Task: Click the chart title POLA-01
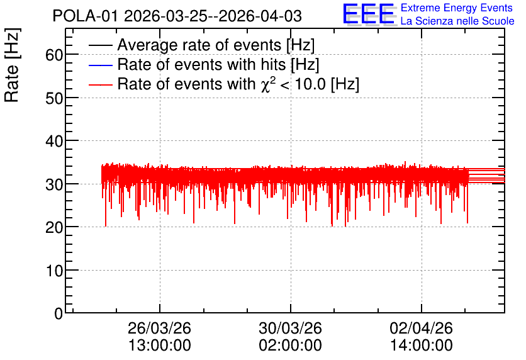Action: click(x=86, y=16)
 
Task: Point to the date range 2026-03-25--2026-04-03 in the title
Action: click(x=213, y=16)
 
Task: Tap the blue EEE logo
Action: click(x=369, y=14)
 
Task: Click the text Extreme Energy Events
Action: click(x=457, y=8)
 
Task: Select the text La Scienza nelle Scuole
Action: click(x=457, y=21)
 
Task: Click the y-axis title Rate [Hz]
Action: click(x=12, y=65)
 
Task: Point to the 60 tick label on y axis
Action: click(x=54, y=55)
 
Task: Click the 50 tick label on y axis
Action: click(x=54, y=98)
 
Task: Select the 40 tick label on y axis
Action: click(x=54, y=141)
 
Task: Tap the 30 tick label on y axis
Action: click(x=54, y=184)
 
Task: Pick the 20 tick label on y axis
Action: click(x=54, y=227)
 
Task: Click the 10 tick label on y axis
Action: click(x=54, y=271)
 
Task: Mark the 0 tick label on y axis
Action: click(x=59, y=313)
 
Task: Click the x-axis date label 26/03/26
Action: click(x=159, y=328)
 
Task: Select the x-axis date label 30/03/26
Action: click(x=290, y=328)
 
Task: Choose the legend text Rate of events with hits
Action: click(x=201, y=64)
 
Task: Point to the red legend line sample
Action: click(x=100, y=85)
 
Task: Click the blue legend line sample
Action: click(x=100, y=65)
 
